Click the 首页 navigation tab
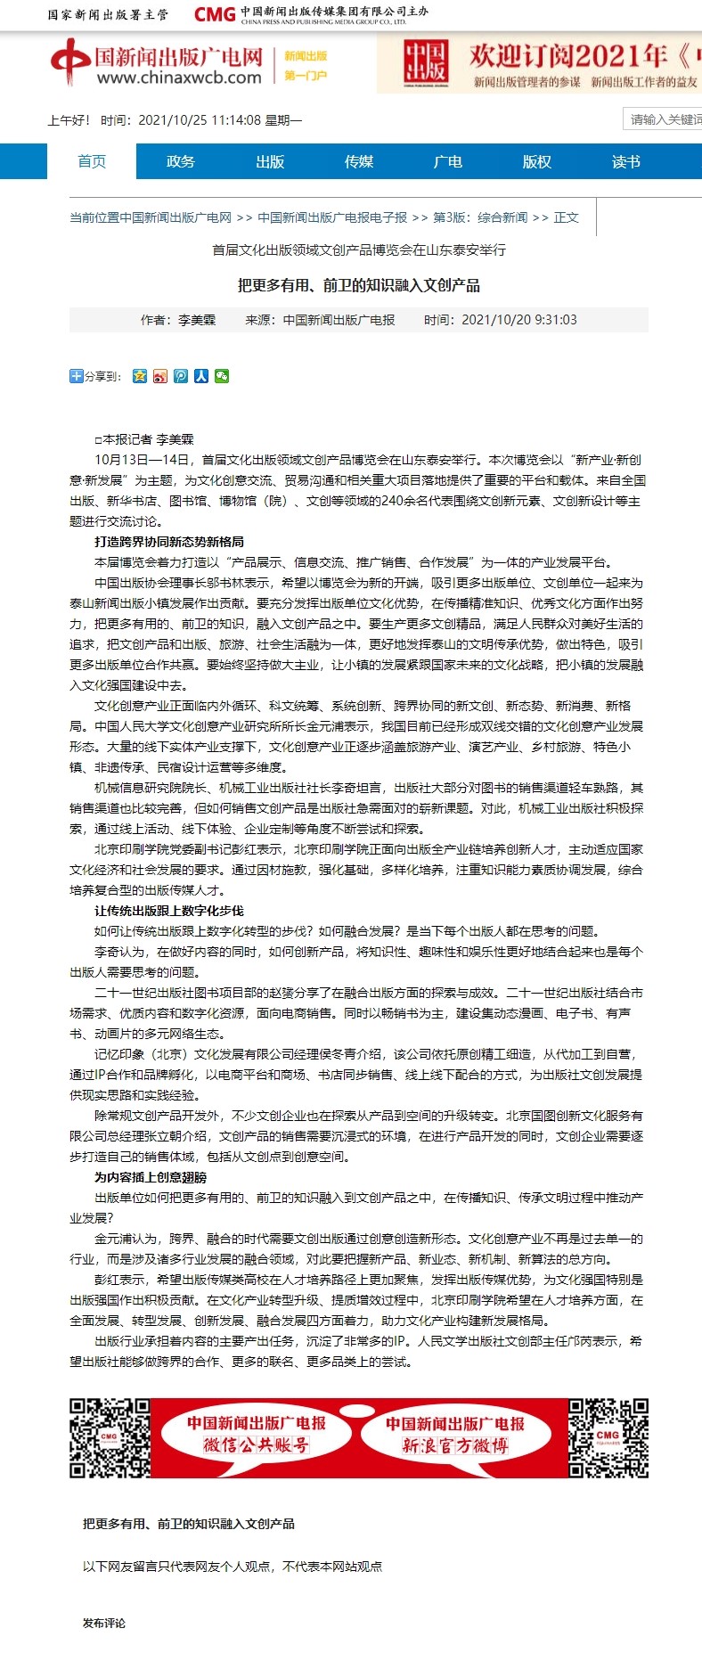(92, 161)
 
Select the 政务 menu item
(180, 161)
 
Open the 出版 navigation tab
(269, 161)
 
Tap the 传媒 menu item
(358, 161)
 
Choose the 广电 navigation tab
(447, 161)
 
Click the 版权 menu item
(536, 161)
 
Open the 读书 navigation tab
(625, 161)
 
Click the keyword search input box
(664, 119)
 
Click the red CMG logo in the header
(215, 14)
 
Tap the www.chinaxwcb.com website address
(178, 78)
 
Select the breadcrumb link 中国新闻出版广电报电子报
(331, 217)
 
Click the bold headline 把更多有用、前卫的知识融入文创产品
(358, 285)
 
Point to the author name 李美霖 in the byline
(197, 320)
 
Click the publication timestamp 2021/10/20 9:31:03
(518, 320)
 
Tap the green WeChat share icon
(222, 376)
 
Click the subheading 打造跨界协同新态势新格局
(169, 542)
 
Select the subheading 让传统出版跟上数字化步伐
(169, 911)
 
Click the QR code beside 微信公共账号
(110, 1438)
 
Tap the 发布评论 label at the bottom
(104, 1623)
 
